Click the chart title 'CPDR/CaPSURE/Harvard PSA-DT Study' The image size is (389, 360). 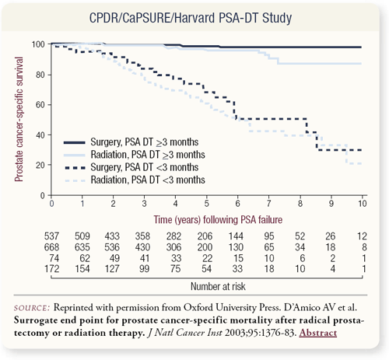191,18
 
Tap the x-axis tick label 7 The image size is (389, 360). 269,204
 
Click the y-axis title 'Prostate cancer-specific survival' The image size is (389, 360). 19,119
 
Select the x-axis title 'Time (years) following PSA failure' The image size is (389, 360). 218,220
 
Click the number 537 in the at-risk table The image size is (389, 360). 51,236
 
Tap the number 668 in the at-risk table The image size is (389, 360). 51,247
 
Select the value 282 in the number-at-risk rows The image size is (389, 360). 173,236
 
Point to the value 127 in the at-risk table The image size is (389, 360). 112,269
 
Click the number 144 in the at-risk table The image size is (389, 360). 236,236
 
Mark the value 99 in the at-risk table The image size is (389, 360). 145,269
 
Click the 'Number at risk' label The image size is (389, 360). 218,286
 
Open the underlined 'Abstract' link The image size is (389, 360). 318,333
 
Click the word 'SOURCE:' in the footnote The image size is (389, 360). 32,308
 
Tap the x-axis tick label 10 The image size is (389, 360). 363,204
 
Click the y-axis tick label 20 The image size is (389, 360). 40,165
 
